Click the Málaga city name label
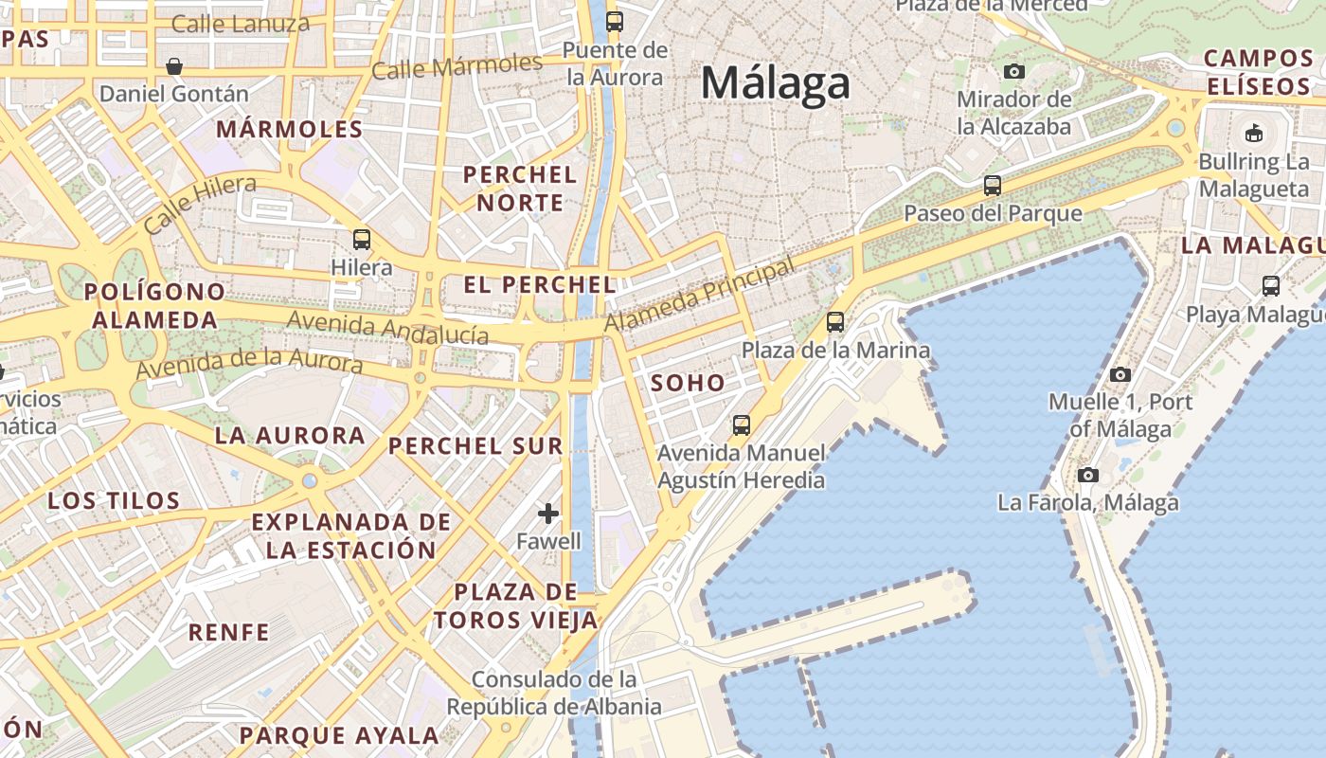[776, 83]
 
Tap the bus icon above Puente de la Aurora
[615, 21]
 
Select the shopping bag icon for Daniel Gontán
[174, 66]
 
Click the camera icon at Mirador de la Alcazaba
[1014, 71]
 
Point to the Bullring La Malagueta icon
[1254, 132]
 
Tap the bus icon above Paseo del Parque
[993, 185]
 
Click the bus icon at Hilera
[362, 239]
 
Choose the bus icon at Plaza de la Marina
[835, 322]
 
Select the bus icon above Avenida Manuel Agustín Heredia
[742, 424]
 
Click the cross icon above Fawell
[548, 514]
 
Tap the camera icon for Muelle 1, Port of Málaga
[1120, 374]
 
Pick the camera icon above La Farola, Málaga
[1088, 475]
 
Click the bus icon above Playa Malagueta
[1271, 285]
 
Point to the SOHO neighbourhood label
[689, 384]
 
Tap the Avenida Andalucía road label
[387, 328]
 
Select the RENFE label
[229, 632]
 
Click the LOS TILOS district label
[114, 500]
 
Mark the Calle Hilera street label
[200, 204]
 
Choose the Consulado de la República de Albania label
[554, 694]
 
